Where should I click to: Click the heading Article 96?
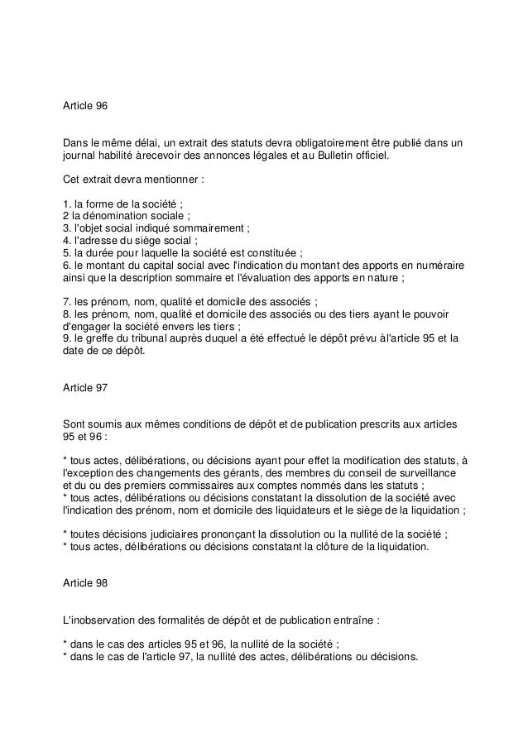pos(85,107)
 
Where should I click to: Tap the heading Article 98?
pos(85,583)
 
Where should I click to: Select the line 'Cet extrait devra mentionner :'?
pos(133,179)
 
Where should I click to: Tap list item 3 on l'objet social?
pos(156,228)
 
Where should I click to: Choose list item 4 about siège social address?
pos(131,241)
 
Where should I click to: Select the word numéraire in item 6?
pos(437,266)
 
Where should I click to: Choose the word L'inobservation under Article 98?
pos(103,620)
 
